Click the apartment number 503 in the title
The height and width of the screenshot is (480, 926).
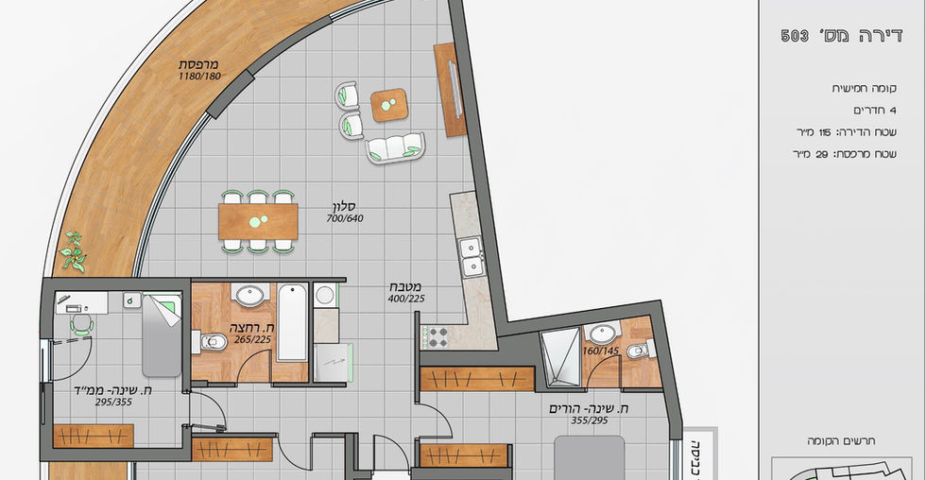pyautogui.click(x=795, y=36)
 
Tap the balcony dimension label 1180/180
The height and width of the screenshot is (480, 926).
pyautogui.click(x=199, y=77)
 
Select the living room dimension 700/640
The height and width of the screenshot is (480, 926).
pyautogui.click(x=345, y=218)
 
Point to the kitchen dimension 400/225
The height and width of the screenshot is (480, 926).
pyautogui.click(x=406, y=299)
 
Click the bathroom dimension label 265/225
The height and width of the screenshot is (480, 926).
pyautogui.click(x=252, y=339)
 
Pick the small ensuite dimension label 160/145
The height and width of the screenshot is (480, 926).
pyautogui.click(x=601, y=351)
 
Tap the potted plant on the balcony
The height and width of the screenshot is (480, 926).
pyautogui.click(x=74, y=252)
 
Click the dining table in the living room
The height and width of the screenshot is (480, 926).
pyautogui.click(x=258, y=221)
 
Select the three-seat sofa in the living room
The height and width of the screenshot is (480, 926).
pyautogui.click(x=395, y=148)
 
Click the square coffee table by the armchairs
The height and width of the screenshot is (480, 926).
pyautogui.click(x=389, y=105)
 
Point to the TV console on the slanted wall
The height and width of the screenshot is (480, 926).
pyautogui.click(x=450, y=90)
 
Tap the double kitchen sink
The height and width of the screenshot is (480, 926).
pyautogui.click(x=472, y=257)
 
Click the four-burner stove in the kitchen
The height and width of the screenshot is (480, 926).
pyautogui.click(x=437, y=337)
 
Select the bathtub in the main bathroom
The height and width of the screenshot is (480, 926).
pyautogui.click(x=292, y=322)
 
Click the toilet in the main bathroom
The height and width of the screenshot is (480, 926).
pyautogui.click(x=210, y=342)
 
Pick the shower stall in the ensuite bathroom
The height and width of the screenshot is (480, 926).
pyautogui.click(x=560, y=357)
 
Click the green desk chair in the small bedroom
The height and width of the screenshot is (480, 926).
pyautogui.click(x=82, y=325)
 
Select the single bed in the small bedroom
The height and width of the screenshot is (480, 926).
pyautogui.click(x=162, y=335)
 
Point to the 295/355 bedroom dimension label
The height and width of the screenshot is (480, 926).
pyautogui.click(x=114, y=403)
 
